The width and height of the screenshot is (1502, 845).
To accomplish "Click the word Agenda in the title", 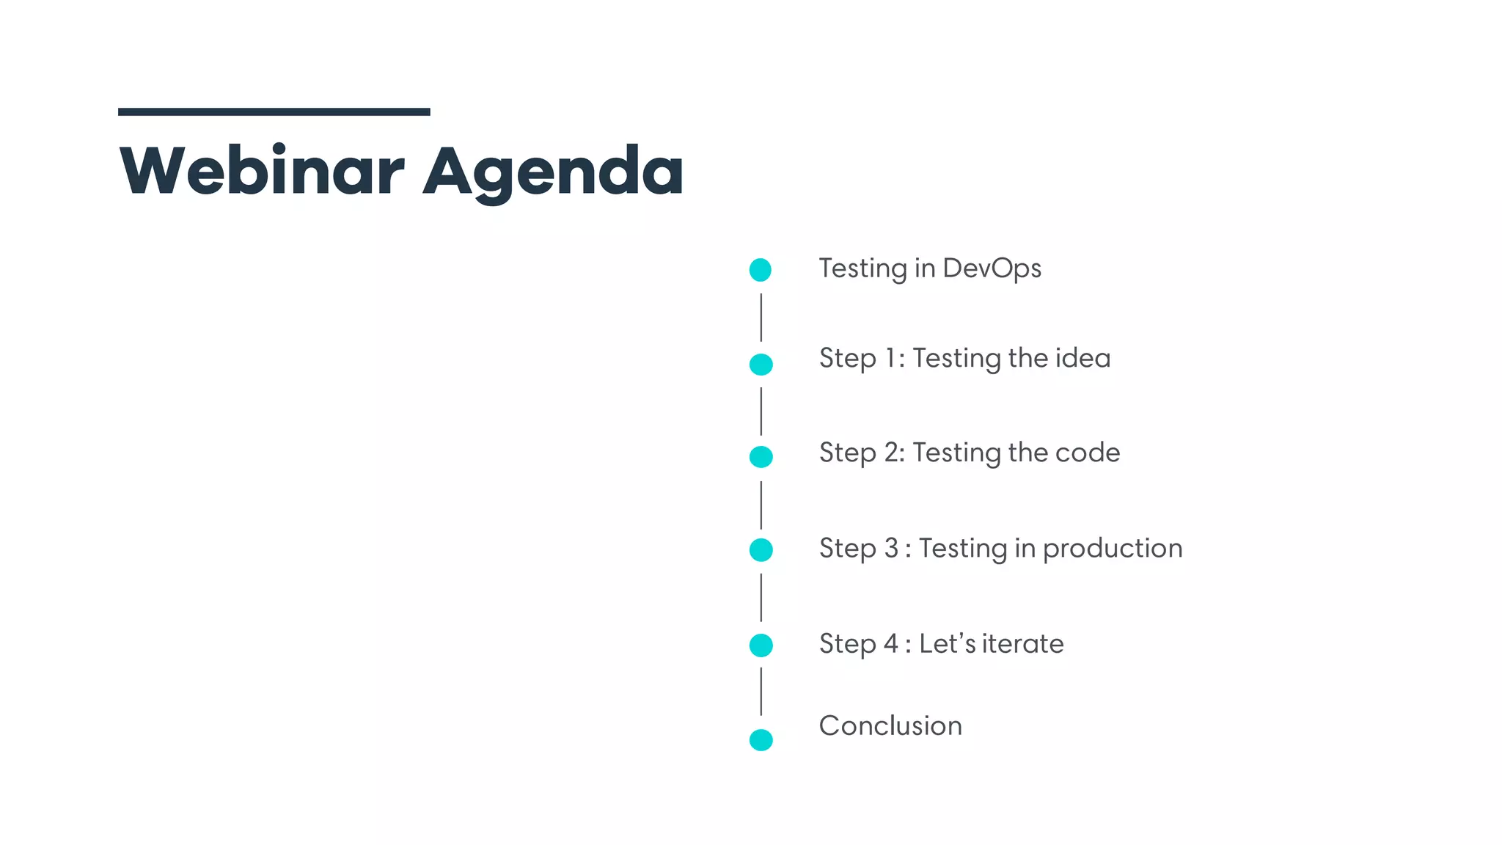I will click(x=554, y=173).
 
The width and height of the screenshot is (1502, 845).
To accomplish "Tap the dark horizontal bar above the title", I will click(x=274, y=111).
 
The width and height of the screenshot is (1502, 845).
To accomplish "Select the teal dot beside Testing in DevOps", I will click(x=761, y=270).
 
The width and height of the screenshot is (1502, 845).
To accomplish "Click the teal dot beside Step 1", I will click(x=761, y=364).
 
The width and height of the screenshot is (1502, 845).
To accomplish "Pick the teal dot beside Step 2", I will click(x=761, y=457).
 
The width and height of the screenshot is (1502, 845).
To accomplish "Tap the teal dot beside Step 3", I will click(x=761, y=549).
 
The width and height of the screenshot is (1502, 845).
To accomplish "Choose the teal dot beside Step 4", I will click(x=761, y=645).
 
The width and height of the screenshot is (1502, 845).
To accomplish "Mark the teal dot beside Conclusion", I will click(x=761, y=739).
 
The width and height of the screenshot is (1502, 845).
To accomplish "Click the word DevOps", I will click(x=992, y=269).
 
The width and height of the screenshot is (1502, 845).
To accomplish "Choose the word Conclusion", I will click(x=890, y=726).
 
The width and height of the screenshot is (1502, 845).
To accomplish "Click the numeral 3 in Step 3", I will click(x=891, y=549).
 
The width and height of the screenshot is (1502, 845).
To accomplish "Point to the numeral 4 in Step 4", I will click(x=890, y=644).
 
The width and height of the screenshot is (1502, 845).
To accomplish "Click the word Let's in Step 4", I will click(x=947, y=644).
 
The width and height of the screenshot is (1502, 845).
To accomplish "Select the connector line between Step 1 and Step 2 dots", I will click(x=761, y=411).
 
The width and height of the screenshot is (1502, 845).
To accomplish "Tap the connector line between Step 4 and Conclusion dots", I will click(x=761, y=691).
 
